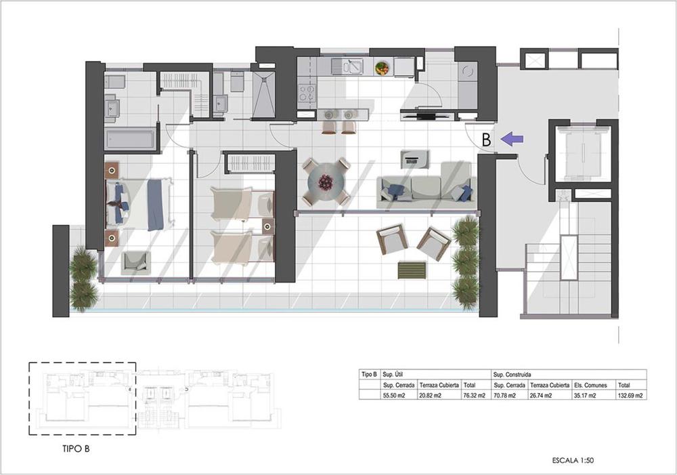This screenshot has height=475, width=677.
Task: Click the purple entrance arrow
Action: pyautogui.click(x=513, y=140)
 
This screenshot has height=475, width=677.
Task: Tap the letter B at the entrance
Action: pyautogui.click(x=486, y=140)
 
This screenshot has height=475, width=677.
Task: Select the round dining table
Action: pyautogui.click(x=326, y=182)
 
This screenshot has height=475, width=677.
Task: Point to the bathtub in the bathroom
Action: pyautogui.click(x=130, y=139)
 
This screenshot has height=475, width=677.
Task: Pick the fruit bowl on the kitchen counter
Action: pyautogui.click(x=383, y=68)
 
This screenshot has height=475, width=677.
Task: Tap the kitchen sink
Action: pyautogui.click(x=351, y=66)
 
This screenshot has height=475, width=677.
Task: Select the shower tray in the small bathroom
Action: pyautogui.click(x=263, y=95)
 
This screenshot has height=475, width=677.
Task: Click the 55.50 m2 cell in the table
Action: pyautogui.click(x=395, y=394)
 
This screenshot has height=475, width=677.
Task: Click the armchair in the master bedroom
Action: pyautogui.click(x=135, y=262)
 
